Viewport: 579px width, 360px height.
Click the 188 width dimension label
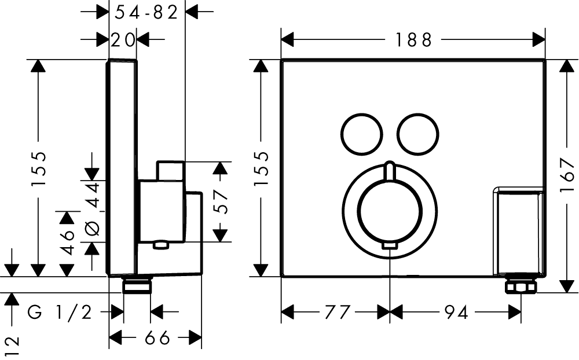tap(413, 40)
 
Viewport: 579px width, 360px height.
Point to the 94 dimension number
tap(456, 313)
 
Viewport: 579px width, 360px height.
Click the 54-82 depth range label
tap(146, 12)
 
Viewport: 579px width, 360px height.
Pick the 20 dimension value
tap(123, 40)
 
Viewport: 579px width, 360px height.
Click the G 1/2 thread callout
tap(60, 313)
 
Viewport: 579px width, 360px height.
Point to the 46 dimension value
tap(68, 242)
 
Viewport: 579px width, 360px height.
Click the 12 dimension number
tap(12, 346)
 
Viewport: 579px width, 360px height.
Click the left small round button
tap(362, 133)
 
